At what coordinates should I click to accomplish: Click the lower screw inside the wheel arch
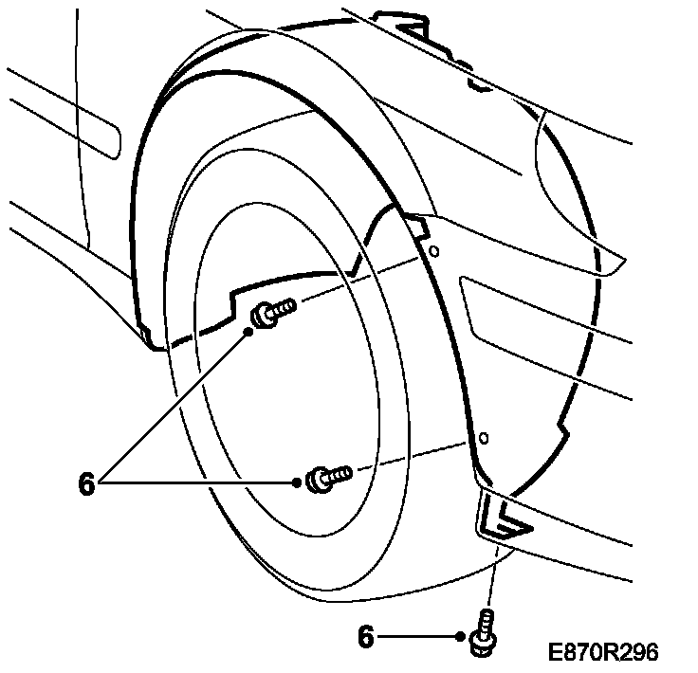coord(327,475)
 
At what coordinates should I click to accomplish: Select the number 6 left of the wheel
coord(87,484)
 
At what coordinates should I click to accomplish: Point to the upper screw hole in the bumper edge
coord(433,252)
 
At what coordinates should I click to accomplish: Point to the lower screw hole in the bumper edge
coord(484,439)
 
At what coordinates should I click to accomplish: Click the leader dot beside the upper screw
coord(249,332)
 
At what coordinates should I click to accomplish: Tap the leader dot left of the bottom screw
coord(459,638)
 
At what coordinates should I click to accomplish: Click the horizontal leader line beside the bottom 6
coord(417,638)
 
